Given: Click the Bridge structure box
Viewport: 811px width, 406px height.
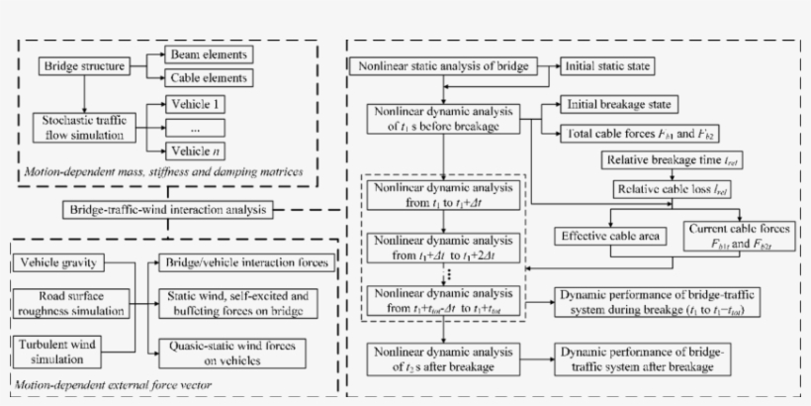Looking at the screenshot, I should coord(83,66).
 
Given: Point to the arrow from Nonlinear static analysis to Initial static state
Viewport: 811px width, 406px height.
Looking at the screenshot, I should coord(549,66).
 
